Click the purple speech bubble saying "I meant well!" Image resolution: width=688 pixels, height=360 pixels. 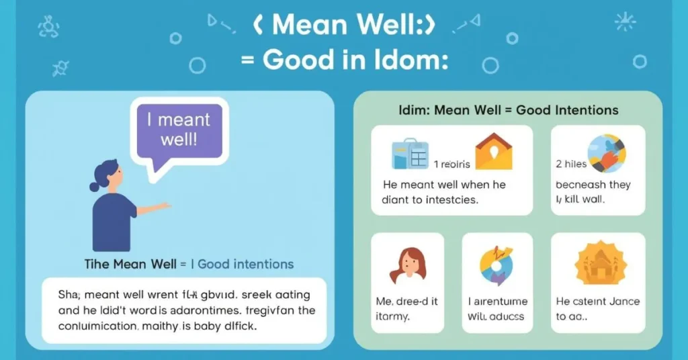point(177,131)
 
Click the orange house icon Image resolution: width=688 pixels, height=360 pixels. point(493,151)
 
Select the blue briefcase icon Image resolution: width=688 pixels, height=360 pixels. point(410,154)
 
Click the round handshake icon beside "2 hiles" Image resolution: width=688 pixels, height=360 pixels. point(607,154)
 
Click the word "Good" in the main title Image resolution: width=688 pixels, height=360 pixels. point(299,60)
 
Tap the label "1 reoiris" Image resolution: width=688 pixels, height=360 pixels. point(454,164)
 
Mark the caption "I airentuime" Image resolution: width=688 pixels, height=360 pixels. point(497,302)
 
